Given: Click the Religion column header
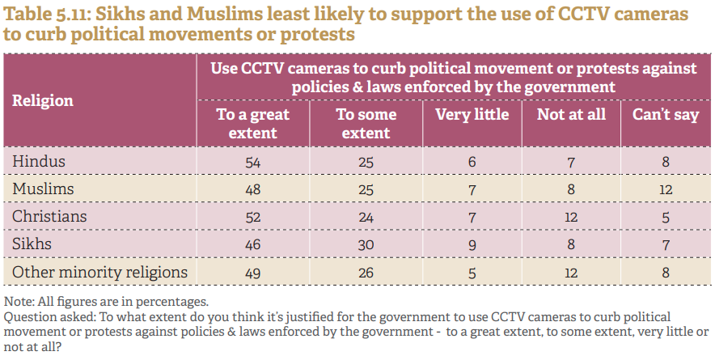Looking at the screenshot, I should [x=43, y=100].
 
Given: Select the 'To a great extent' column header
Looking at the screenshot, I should [x=252, y=123].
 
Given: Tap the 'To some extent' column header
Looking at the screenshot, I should [x=366, y=123].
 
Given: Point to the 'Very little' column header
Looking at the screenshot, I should [x=472, y=114].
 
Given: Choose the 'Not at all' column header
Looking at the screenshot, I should [x=571, y=114].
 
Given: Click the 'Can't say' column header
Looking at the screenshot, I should [x=665, y=114].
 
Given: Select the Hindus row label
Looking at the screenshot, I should [x=39, y=161].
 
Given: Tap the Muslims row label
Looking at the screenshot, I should [x=43, y=188].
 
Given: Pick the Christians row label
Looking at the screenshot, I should [x=49, y=217].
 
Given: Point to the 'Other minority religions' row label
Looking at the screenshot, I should [x=99, y=272].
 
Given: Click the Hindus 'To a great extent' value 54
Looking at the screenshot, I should [x=252, y=162].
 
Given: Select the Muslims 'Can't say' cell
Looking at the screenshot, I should [x=665, y=189].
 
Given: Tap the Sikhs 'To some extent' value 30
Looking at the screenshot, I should [x=366, y=245].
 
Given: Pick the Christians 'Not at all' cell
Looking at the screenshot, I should [x=571, y=218].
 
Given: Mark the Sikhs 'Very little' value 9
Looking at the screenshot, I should [x=472, y=245].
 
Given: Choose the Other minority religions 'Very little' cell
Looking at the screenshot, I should [x=472, y=273].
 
